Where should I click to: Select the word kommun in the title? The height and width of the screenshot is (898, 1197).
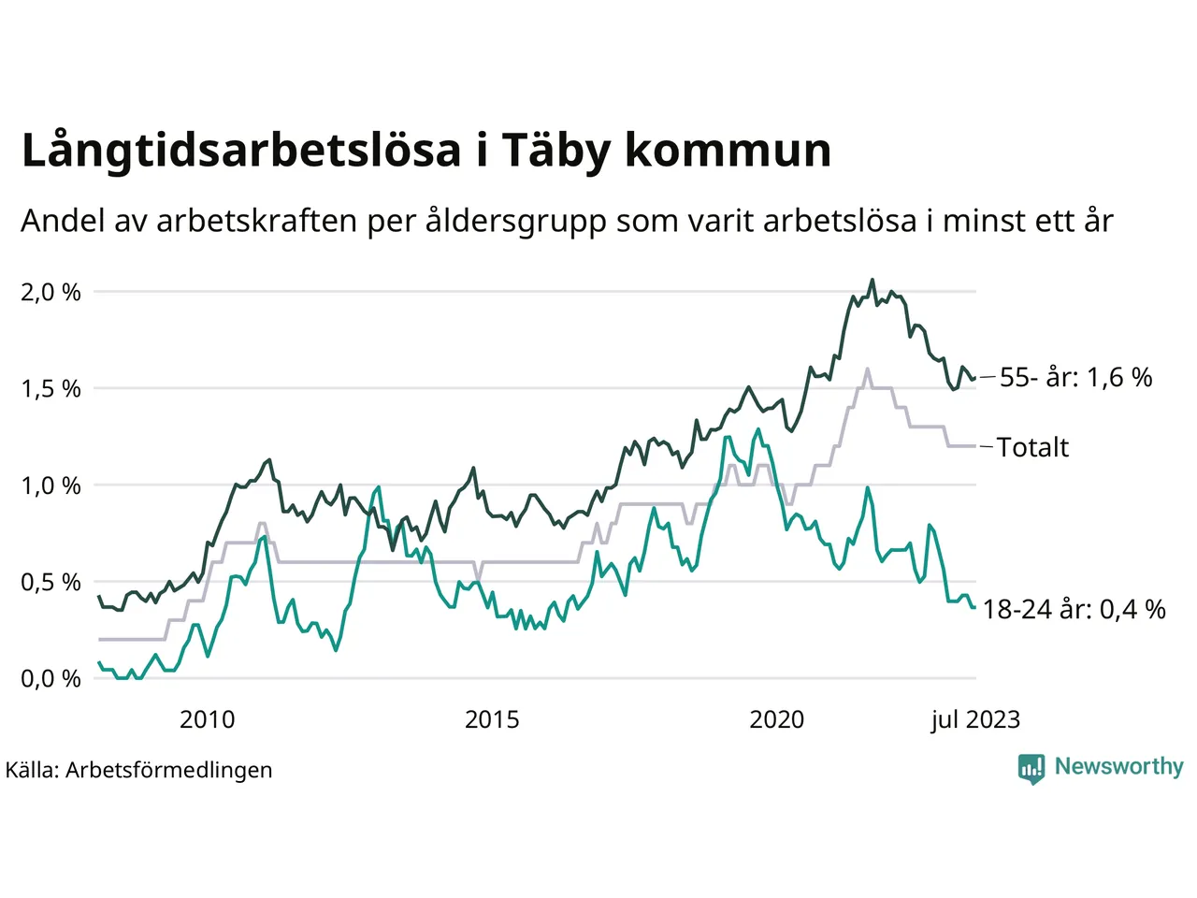(x=728, y=151)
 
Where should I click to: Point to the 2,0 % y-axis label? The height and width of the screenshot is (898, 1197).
(x=50, y=293)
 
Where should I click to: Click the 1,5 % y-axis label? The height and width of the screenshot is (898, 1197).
(x=50, y=389)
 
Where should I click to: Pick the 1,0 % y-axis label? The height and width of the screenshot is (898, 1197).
(x=50, y=486)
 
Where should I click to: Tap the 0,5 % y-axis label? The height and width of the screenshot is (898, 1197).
(x=50, y=583)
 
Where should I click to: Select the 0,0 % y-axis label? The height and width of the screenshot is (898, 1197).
(x=50, y=679)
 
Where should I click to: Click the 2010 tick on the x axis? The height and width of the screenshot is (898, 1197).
(x=207, y=719)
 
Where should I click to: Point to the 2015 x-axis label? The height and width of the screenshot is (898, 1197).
(x=492, y=719)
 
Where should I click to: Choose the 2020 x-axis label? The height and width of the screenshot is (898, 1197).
(x=777, y=719)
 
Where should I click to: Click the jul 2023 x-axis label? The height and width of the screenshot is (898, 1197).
(x=975, y=719)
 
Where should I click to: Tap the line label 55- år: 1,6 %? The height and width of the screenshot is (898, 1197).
(x=1075, y=378)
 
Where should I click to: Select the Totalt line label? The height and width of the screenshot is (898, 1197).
(x=1032, y=447)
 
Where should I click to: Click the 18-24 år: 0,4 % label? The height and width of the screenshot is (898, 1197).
(x=1074, y=610)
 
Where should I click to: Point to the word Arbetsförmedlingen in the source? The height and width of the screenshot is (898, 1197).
(x=169, y=771)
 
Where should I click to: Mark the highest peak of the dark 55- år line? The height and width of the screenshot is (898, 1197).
(x=873, y=280)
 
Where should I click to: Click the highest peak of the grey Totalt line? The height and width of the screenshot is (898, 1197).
(x=868, y=369)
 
